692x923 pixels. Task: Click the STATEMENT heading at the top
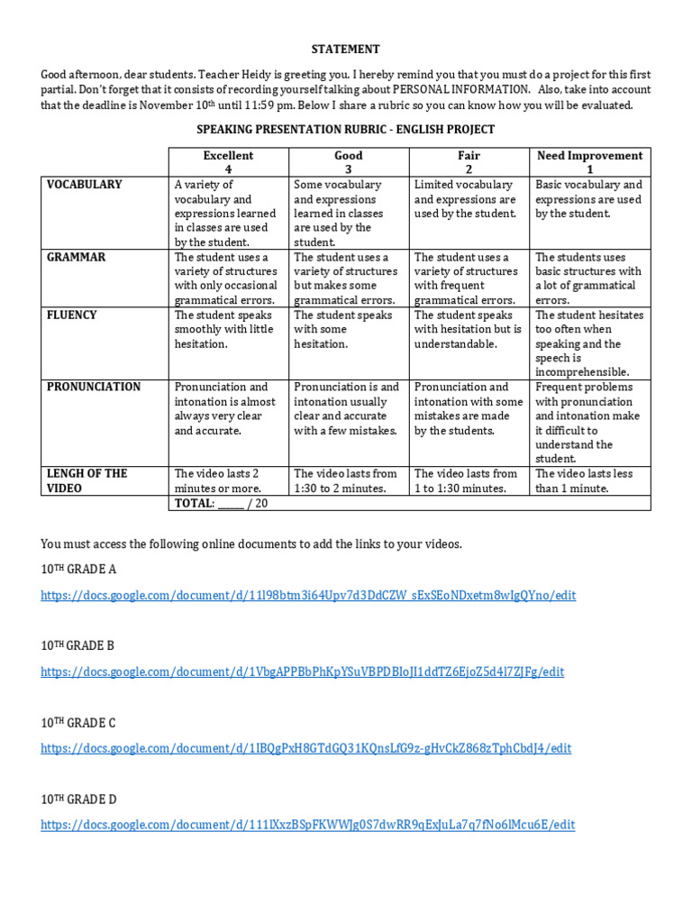pos(346,49)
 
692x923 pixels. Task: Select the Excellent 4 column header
pos(228,162)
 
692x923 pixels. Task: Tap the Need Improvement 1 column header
pos(589,162)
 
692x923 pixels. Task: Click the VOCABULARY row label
pos(85,185)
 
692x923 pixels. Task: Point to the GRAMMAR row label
pos(77,258)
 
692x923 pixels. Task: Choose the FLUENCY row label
pos(72,315)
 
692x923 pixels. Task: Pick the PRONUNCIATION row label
pos(94,388)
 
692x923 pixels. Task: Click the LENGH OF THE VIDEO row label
pos(87,480)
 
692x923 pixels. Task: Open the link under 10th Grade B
pos(303,672)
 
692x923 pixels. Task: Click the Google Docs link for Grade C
pos(305,748)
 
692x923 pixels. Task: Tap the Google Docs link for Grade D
pos(307,825)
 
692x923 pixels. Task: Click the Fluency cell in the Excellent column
pos(228,330)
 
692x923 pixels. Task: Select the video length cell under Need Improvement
pos(589,480)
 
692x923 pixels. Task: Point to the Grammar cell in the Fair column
pos(469,279)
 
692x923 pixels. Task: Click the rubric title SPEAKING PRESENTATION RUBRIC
pos(346,130)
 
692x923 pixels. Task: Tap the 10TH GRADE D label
pos(78,800)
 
